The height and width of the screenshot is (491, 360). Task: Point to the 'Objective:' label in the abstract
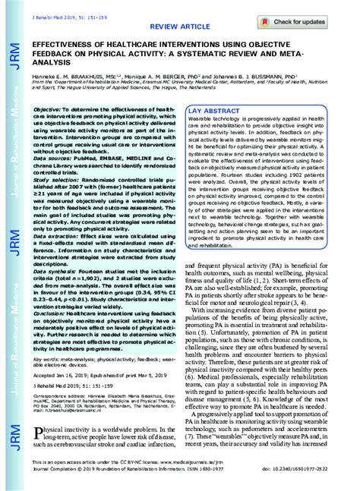49,110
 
